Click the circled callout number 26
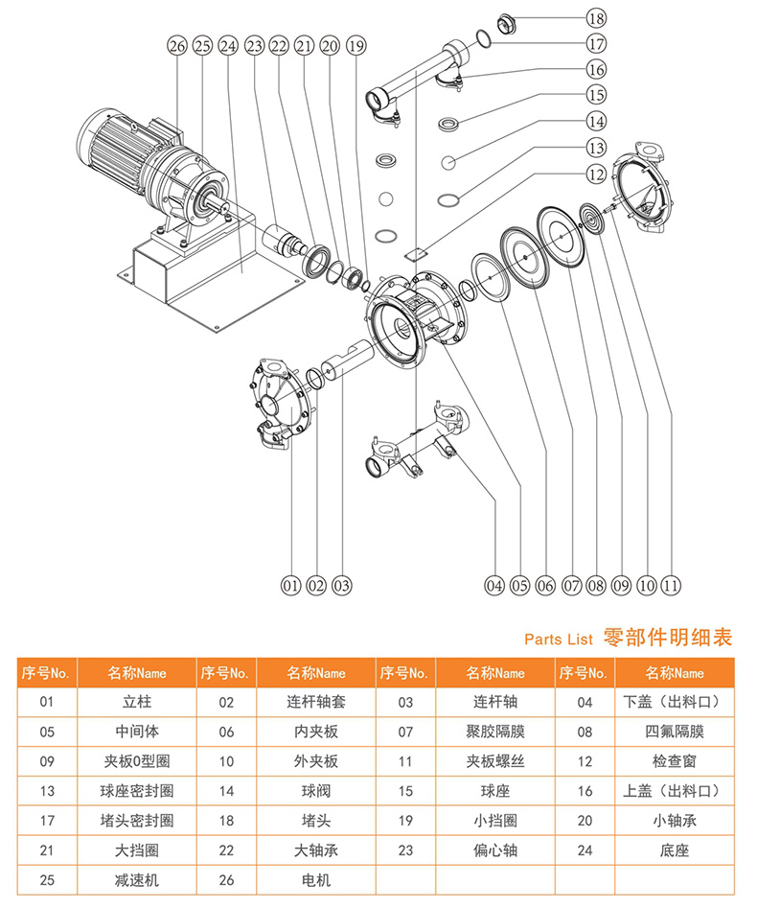[175, 45]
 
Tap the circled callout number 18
[596, 18]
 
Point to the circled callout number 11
[672, 584]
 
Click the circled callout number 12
[596, 175]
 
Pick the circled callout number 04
[494, 584]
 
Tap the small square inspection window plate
[415, 254]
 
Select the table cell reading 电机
[316, 879]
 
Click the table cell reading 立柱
[137, 702]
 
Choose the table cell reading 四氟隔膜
[675, 732]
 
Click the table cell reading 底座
[675, 850]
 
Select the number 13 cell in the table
[47, 791]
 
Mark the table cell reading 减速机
[137, 879]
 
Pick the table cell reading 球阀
[316, 791]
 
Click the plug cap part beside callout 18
[508, 21]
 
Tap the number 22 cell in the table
[226, 850]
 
